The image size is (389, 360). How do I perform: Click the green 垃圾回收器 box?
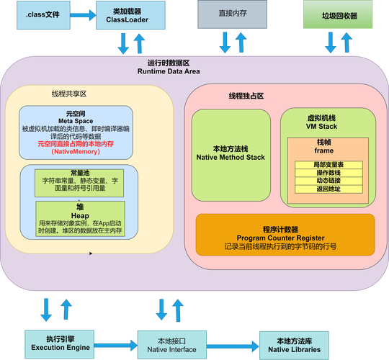339,14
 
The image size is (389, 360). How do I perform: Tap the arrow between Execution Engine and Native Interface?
116,343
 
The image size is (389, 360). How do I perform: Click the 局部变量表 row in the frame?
328,166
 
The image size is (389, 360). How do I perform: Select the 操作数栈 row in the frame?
328,174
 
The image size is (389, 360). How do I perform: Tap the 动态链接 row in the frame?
328,181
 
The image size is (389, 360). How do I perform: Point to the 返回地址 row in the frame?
328,189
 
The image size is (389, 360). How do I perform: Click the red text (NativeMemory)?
76,153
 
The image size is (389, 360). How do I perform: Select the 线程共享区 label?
69,94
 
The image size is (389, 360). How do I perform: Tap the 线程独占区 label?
247,96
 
